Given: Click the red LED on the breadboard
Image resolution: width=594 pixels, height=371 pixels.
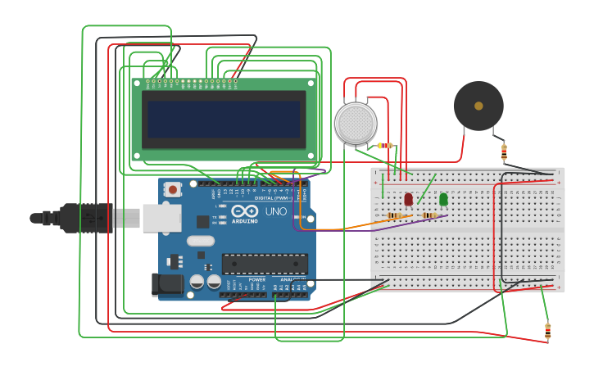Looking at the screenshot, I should click(408, 199).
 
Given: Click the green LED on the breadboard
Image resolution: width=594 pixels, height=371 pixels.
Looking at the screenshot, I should click(443, 199).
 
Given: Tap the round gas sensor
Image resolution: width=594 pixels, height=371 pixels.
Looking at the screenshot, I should click(356, 123).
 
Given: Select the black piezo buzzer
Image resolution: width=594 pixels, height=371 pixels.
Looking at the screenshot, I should click(478, 106).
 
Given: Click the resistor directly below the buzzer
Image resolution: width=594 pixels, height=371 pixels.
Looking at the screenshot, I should click(504, 152).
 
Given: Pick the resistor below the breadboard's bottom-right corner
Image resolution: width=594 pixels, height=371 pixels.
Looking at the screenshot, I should click(547, 331).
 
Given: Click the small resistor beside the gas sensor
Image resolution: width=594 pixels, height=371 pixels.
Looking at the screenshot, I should click(384, 146).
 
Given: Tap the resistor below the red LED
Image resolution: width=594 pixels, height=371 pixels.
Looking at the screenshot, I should click(395, 215).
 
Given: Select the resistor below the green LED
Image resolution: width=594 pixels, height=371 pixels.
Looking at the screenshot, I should click(428, 215).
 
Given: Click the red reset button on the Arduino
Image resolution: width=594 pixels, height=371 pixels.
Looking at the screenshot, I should click(172, 189).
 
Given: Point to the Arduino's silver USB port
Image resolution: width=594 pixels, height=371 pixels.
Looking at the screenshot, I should click(161, 218).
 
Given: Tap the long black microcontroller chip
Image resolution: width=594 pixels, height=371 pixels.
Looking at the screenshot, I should click(265, 264).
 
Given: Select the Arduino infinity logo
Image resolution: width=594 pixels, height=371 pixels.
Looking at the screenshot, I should click(245, 211).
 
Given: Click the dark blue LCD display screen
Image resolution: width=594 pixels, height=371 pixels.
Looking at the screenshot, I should click(224, 119).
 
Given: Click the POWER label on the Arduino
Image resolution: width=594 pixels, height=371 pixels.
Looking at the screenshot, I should click(256, 279).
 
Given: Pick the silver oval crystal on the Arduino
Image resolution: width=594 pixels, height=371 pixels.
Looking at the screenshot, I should click(201, 241).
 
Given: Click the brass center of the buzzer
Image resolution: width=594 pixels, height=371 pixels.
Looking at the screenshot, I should click(478, 105).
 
